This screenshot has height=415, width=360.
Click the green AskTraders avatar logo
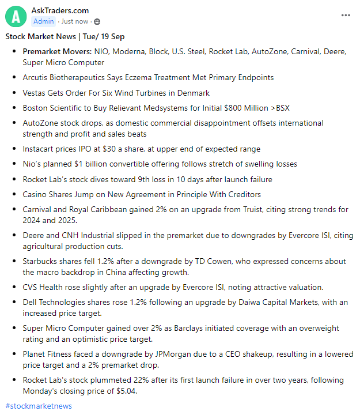tap(16, 16)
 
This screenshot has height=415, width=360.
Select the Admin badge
tap(44, 21)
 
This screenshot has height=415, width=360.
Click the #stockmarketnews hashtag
tap(39, 406)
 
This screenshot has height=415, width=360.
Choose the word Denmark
tap(193, 93)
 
